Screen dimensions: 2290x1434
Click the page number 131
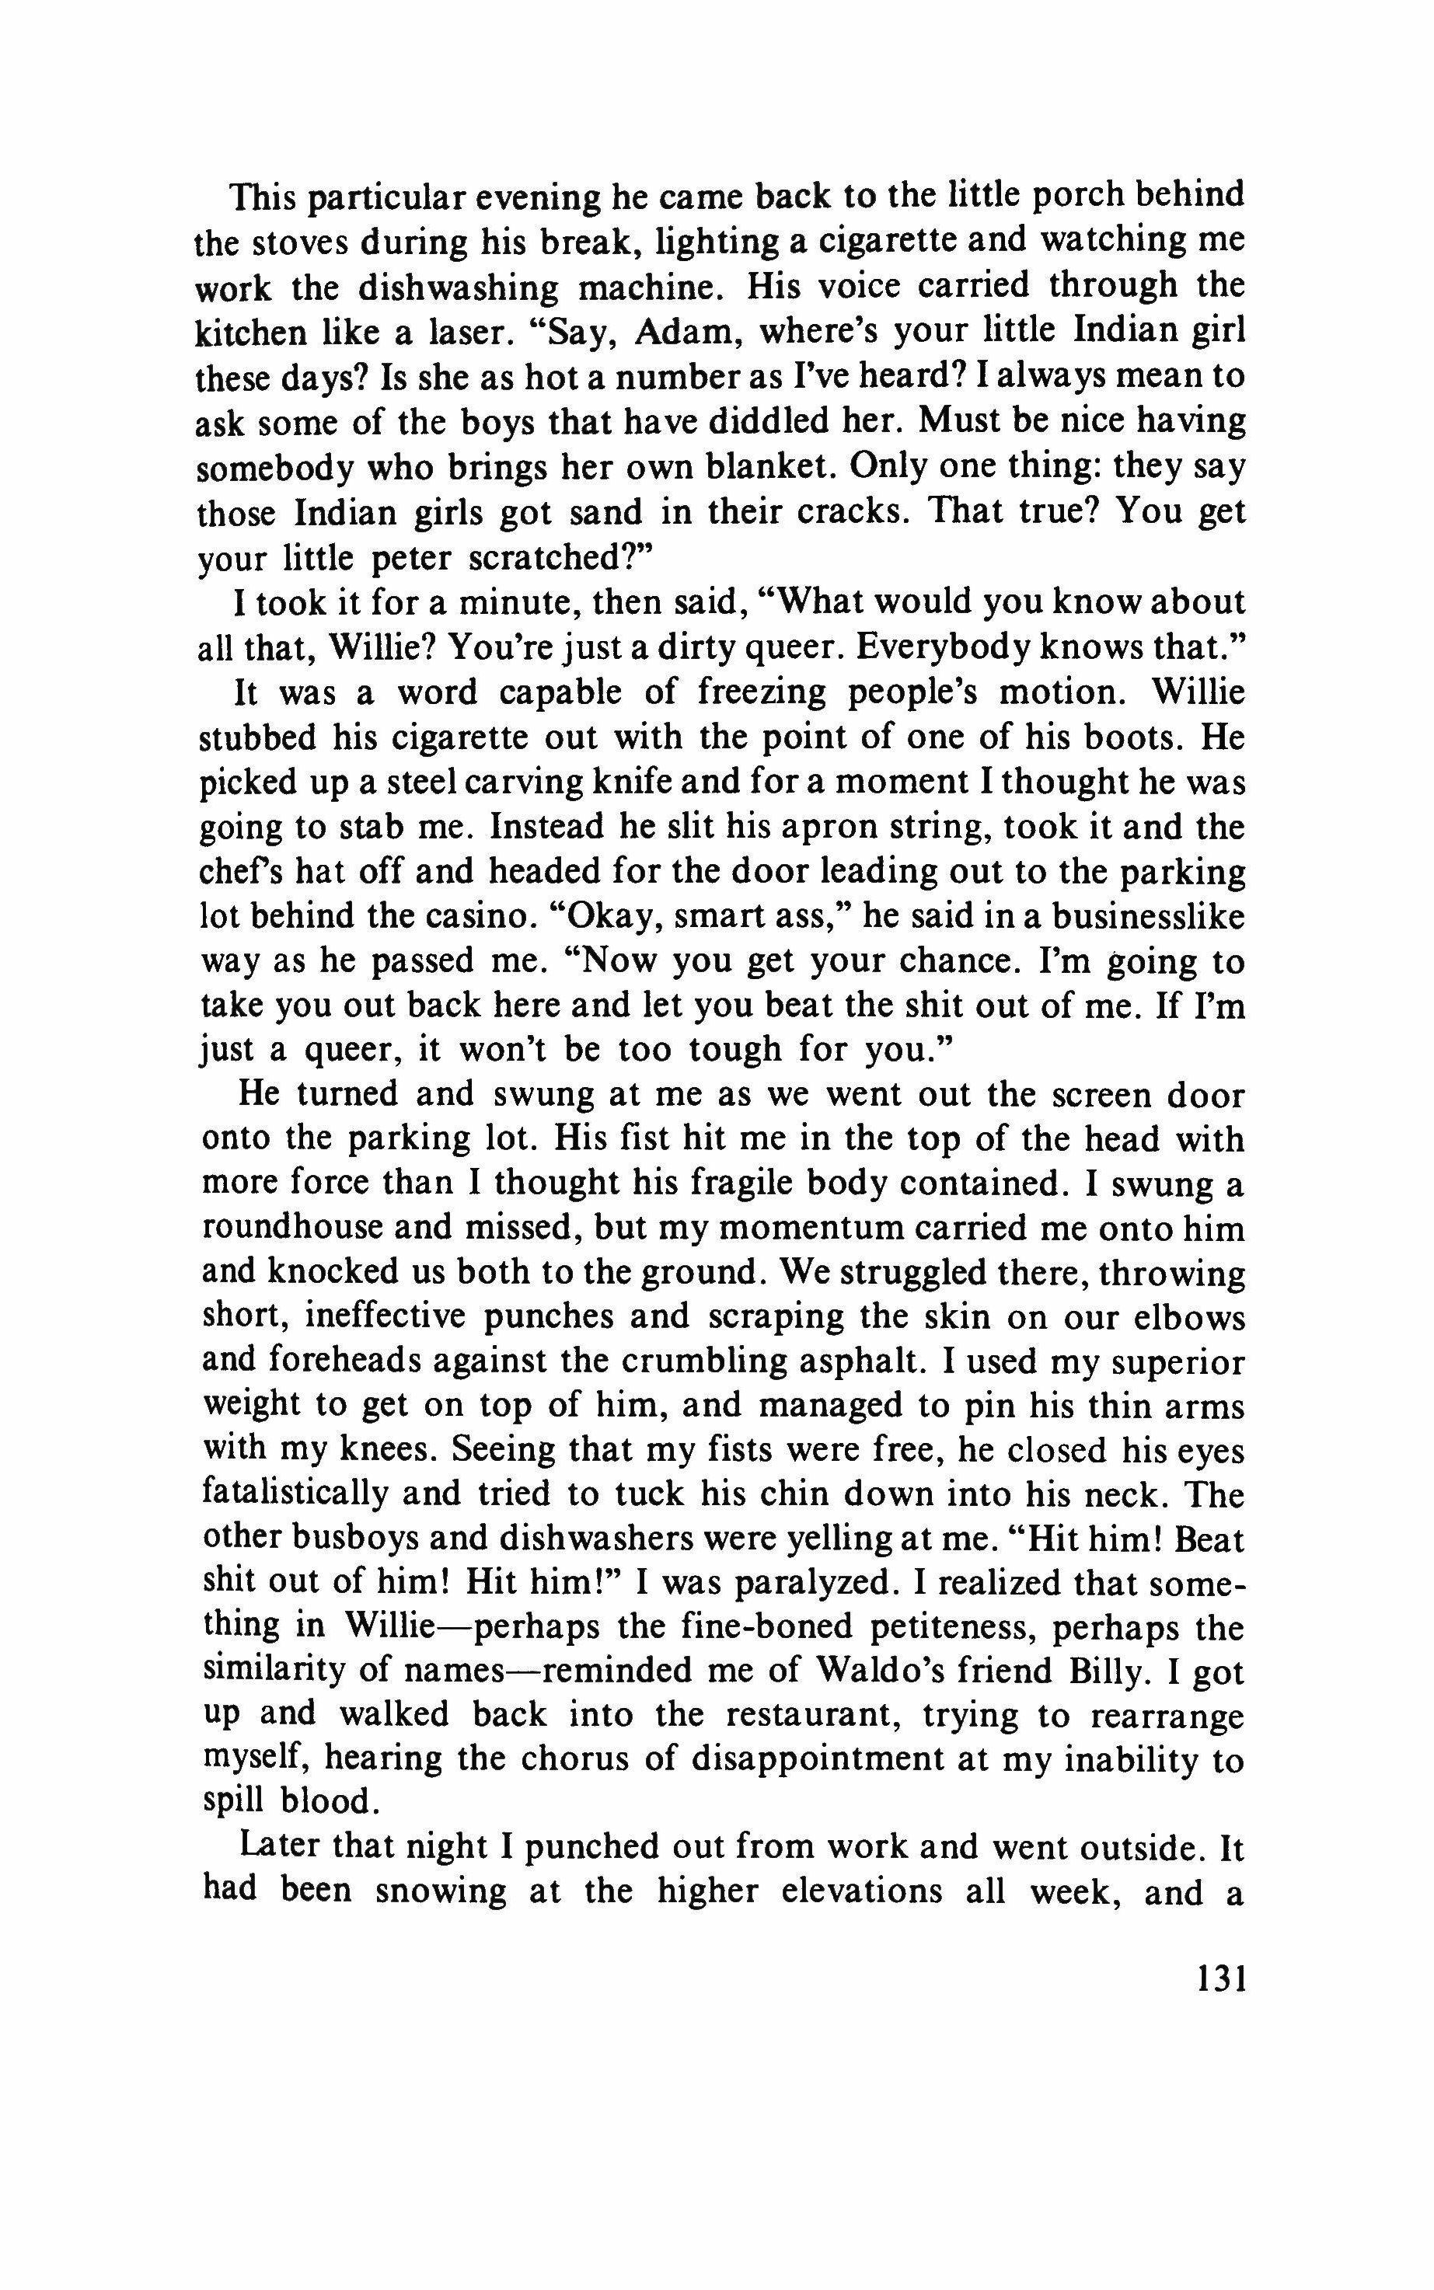[x=1219, y=1981]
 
